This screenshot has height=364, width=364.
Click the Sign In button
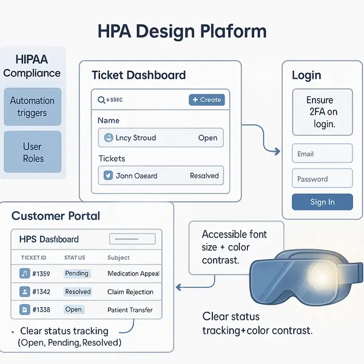click(x=322, y=202)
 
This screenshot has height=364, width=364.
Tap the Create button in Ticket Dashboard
click(x=206, y=99)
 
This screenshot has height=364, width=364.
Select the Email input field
click(x=322, y=153)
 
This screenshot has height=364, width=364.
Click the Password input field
click(x=322, y=178)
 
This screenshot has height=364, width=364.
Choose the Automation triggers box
click(x=32, y=107)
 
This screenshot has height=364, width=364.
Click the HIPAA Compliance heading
click(x=32, y=66)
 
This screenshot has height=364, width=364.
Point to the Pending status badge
click(x=77, y=274)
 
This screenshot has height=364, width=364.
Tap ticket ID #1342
click(x=41, y=292)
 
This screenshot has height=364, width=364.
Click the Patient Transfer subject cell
click(x=130, y=310)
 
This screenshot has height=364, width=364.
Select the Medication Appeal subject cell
click(x=133, y=274)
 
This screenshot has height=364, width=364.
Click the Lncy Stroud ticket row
click(x=160, y=138)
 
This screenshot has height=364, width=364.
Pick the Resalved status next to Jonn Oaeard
click(x=204, y=176)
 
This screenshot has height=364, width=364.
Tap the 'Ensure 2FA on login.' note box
click(x=322, y=112)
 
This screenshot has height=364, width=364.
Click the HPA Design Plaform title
click(x=182, y=31)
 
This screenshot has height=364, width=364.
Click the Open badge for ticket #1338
click(x=73, y=309)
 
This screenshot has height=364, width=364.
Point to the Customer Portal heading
click(x=56, y=216)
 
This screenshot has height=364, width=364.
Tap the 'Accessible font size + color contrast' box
click(x=234, y=248)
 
